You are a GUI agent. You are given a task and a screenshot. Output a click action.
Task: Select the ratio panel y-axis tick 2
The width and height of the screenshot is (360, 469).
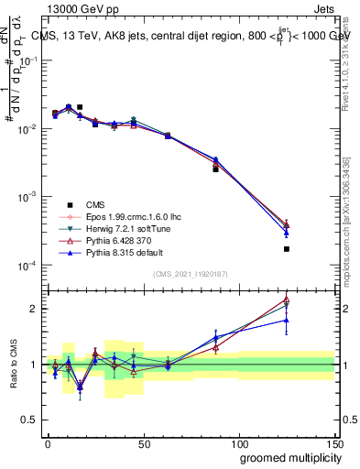click(x=33, y=309)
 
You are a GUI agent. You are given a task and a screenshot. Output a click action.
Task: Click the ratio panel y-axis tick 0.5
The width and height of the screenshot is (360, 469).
click(x=29, y=420)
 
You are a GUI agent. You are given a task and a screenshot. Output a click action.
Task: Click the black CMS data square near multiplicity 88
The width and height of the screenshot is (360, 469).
click(x=216, y=169)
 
